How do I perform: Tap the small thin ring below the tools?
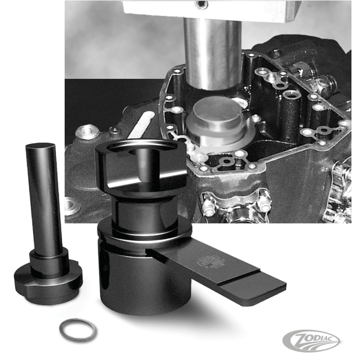pyautogui.click(x=78, y=329)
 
